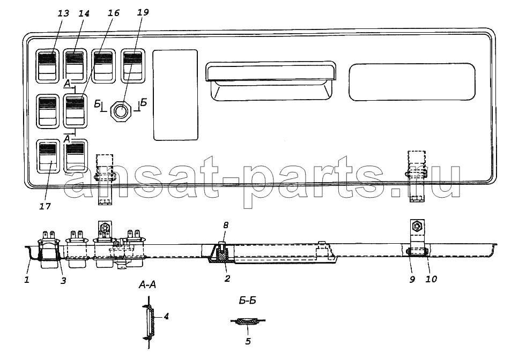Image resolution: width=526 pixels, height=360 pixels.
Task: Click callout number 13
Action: click(x=63, y=13)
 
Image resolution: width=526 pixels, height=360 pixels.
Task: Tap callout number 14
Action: click(x=84, y=13)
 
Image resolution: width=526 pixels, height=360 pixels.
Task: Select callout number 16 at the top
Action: click(x=113, y=13)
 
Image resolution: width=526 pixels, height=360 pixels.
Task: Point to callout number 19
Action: click(x=143, y=12)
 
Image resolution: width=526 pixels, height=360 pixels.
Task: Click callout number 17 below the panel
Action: click(x=45, y=206)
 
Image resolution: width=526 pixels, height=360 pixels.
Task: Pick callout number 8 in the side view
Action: click(x=226, y=225)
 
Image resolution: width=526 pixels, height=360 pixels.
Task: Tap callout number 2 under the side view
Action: click(x=227, y=279)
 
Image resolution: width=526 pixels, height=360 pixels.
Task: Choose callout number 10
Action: click(x=432, y=279)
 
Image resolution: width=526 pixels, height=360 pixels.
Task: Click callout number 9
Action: click(x=412, y=279)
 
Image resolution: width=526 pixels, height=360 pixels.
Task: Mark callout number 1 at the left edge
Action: click(x=27, y=279)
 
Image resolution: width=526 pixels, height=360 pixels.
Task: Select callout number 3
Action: click(x=63, y=281)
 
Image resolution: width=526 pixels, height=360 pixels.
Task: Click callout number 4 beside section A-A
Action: click(x=166, y=316)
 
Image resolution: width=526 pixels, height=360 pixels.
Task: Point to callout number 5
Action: click(x=248, y=341)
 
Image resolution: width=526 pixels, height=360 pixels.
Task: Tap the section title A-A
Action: click(x=147, y=285)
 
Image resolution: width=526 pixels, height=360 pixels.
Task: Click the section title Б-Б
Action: click(x=248, y=301)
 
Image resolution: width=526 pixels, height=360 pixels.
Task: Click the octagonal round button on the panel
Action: click(x=122, y=110)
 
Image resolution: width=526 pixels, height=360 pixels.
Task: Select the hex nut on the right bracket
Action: click(x=418, y=227)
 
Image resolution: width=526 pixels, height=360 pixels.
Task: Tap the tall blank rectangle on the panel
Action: click(x=175, y=95)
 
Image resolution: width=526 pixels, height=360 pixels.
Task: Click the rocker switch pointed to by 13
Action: click(x=47, y=66)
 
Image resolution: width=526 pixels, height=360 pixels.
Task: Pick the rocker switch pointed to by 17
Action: click(x=48, y=156)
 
